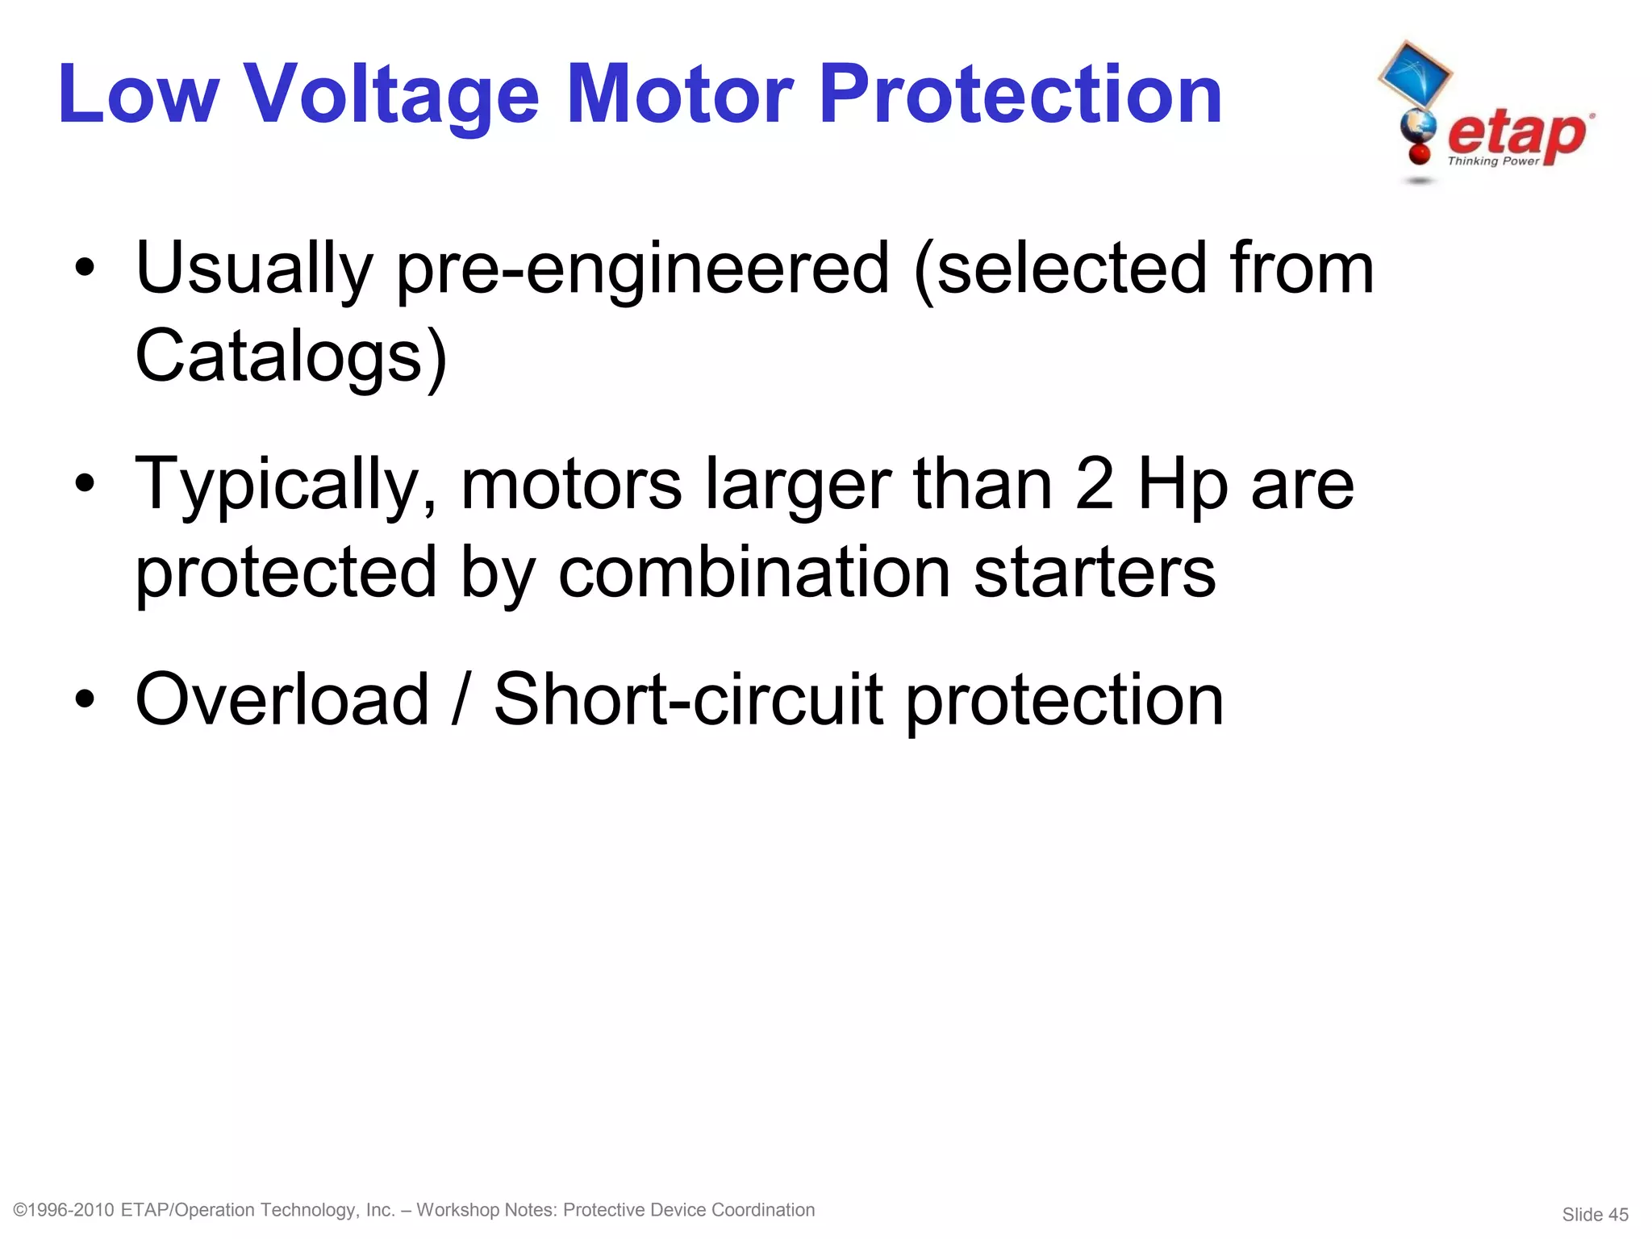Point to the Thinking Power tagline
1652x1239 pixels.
1493,161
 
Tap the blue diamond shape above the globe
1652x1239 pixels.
1415,74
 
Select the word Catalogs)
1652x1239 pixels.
291,357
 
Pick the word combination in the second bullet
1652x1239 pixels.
754,572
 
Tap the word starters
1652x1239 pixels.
1095,572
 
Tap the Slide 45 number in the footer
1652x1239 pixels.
1595,1214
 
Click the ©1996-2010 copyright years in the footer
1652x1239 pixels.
65,1210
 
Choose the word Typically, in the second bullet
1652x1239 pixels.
286,486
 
